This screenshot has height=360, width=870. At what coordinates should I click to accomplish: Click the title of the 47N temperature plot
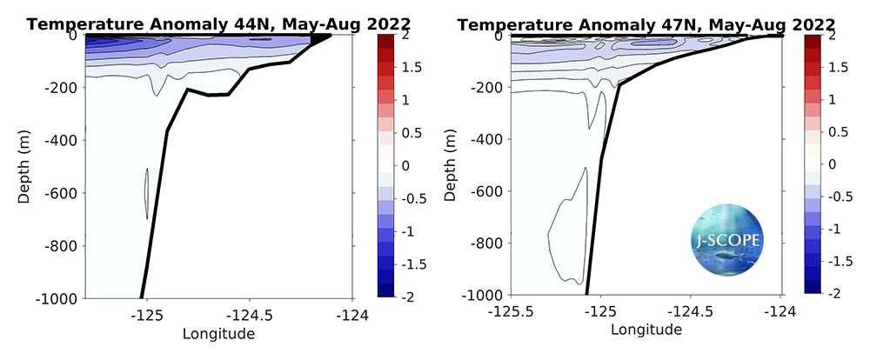(646, 23)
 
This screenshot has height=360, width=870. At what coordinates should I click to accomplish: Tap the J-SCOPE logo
(724, 238)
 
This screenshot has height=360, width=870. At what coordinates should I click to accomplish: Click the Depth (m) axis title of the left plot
(25, 165)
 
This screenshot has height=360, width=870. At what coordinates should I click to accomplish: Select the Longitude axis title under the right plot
(646, 330)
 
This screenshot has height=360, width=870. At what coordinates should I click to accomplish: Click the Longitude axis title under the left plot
(217, 332)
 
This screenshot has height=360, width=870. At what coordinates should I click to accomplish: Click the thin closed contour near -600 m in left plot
(146, 193)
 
